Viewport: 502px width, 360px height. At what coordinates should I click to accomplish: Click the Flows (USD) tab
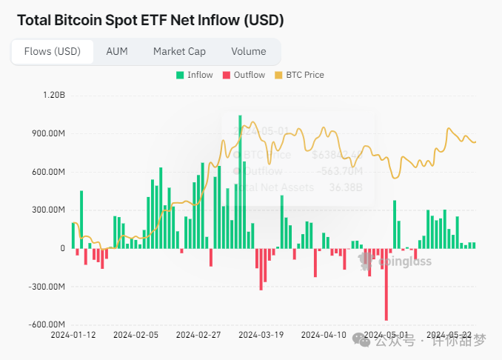[x=52, y=52]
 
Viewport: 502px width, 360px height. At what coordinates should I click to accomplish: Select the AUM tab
[x=117, y=52]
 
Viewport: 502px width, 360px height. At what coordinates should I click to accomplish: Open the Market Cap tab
[x=179, y=52]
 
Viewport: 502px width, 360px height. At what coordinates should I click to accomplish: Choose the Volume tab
[x=248, y=52]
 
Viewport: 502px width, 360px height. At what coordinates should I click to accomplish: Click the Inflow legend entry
[x=195, y=75]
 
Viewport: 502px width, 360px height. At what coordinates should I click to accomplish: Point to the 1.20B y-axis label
[x=54, y=96]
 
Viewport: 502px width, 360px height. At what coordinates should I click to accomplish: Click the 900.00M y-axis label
[x=49, y=134]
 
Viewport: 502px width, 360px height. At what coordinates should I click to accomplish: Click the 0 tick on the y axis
[x=63, y=248]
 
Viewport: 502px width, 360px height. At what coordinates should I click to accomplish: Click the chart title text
[x=150, y=20]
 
